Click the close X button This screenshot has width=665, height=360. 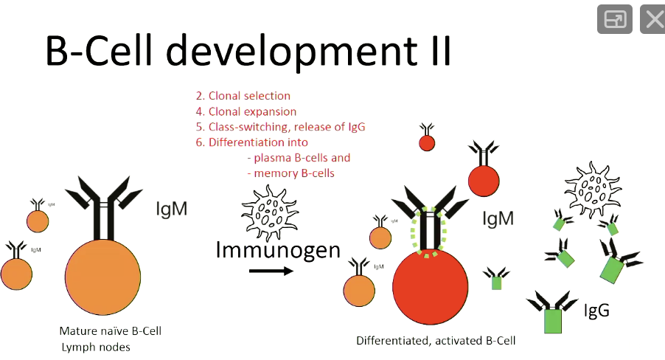point(652,19)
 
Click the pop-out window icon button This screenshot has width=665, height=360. point(615,19)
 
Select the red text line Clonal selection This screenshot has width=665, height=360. point(243,96)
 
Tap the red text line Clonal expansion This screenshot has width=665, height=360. point(246,111)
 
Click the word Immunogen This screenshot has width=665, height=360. point(278,250)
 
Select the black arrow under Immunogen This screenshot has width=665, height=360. point(271,271)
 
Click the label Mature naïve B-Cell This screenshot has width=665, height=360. point(110,330)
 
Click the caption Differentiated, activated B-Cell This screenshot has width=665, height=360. point(435,341)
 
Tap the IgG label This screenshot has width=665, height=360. point(596,310)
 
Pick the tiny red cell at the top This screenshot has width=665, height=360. point(426,142)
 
